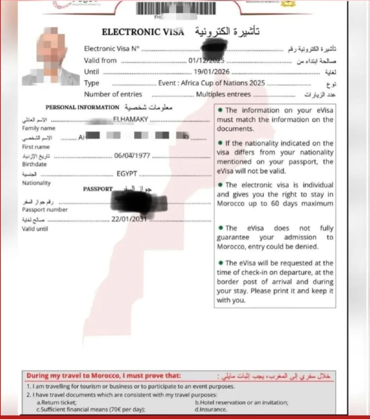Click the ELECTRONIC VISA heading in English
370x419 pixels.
click(143, 32)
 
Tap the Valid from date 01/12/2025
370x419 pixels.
click(206, 60)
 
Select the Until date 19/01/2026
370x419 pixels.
click(212, 72)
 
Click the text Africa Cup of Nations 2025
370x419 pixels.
click(223, 83)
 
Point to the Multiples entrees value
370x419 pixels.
click(223, 94)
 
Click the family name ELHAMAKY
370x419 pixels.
click(131, 119)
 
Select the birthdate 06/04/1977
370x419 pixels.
click(132, 155)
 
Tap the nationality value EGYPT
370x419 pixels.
click(127, 174)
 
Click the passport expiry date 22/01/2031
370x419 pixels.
click(128, 219)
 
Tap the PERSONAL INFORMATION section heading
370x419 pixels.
click(82, 107)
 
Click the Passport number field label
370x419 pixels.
click(45, 209)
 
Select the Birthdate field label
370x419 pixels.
click(34, 164)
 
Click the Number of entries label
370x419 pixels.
click(113, 94)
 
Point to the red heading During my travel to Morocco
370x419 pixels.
click(104, 376)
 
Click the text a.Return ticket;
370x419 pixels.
click(57, 403)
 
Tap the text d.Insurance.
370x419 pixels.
click(211, 409)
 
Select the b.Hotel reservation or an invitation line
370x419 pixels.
click(241, 403)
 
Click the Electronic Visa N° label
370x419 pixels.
click(112, 49)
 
